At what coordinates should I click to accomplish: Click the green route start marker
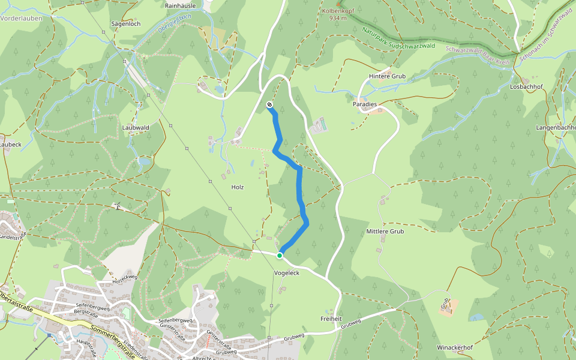[x=280, y=256]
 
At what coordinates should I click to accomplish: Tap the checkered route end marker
[x=269, y=105]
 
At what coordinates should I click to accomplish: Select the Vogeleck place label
[x=286, y=273]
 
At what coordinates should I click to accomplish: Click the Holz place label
[x=238, y=187]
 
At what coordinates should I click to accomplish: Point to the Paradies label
[x=365, y=104]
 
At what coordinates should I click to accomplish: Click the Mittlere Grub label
[x=385, y=231]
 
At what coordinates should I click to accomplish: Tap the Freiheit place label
[x=331, y=319]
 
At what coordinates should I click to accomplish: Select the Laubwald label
[x=135, y=127]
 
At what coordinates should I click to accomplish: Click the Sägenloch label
[x=126, y=23]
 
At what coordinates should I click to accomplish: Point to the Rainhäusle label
[x=180, y=5]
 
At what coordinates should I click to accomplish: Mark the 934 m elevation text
[x=338, y=18]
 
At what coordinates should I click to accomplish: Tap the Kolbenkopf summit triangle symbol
[x=338, y=4]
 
